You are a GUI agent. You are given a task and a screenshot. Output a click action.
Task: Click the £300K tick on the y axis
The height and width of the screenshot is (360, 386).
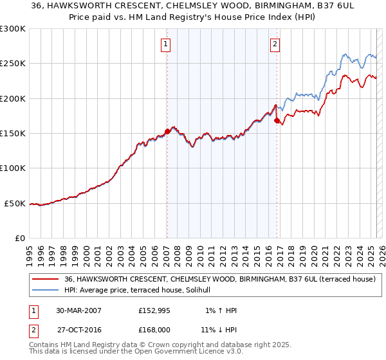[12, 29]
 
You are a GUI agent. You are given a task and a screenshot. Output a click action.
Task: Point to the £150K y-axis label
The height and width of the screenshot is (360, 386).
[12, 134]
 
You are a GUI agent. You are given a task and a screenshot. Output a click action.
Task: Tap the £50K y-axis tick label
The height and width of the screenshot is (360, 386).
[15, 203]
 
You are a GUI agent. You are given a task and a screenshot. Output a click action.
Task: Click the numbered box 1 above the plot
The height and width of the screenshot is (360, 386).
[166, 44]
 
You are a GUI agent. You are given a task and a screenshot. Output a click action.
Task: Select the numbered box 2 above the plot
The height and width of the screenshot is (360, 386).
[275, 44]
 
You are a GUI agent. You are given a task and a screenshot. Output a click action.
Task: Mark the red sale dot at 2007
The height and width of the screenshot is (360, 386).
[167, 131]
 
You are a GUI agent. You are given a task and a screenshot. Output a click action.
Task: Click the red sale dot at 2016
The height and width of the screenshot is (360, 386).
[277, 120]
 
